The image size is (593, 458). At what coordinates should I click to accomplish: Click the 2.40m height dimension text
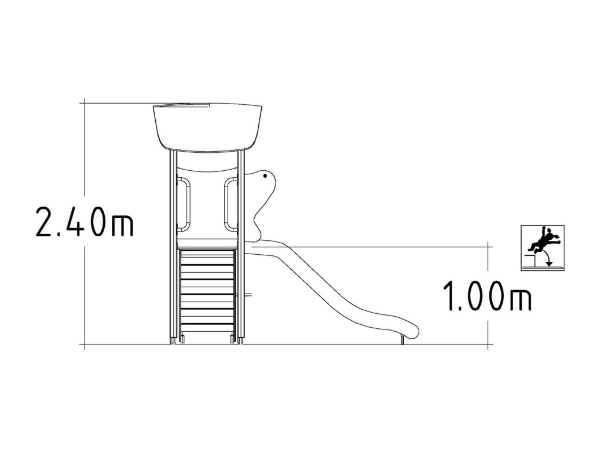point(85,222)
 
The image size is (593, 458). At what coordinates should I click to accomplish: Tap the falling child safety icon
point(543,248)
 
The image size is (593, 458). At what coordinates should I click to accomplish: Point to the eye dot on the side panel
point(265,176)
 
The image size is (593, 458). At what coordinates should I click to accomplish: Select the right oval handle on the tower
point(226,204)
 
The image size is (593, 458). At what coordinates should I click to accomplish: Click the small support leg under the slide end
point(402,340)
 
